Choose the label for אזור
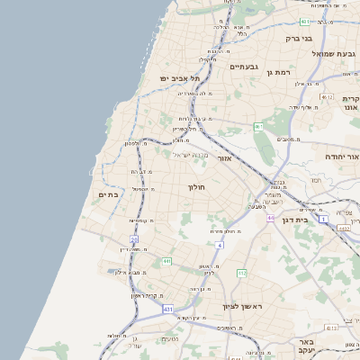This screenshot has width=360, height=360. point(225,158)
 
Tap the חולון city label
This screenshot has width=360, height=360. point(195,187)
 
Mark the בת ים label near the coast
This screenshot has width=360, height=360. point(108,194)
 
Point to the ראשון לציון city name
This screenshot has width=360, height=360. point(244,307)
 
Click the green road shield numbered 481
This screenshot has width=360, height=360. point(305,22)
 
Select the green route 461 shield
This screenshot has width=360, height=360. point(258,127)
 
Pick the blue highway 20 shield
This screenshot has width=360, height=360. point(133,239)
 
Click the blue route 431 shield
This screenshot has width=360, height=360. point(167,309)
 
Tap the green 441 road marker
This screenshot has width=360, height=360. point(166,261)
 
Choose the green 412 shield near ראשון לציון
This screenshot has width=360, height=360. point(241,273)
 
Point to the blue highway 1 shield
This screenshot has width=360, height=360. point(323,206)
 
